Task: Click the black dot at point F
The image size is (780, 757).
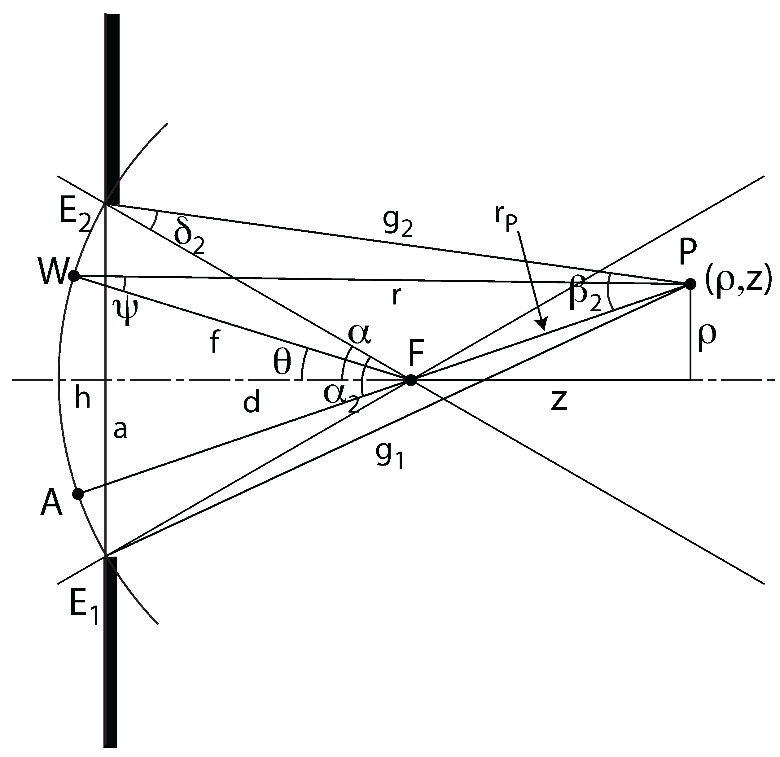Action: tap(411, 380)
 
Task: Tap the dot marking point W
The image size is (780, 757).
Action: tap(74, 275)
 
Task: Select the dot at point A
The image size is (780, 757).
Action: tap(78, 494)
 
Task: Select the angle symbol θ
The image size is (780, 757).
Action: tap(282, 363)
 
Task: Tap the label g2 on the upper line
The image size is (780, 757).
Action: tap(398, 225)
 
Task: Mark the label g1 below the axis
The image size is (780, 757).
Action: tap(390, 456)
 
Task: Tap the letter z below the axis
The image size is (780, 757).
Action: tap(559, 401)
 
